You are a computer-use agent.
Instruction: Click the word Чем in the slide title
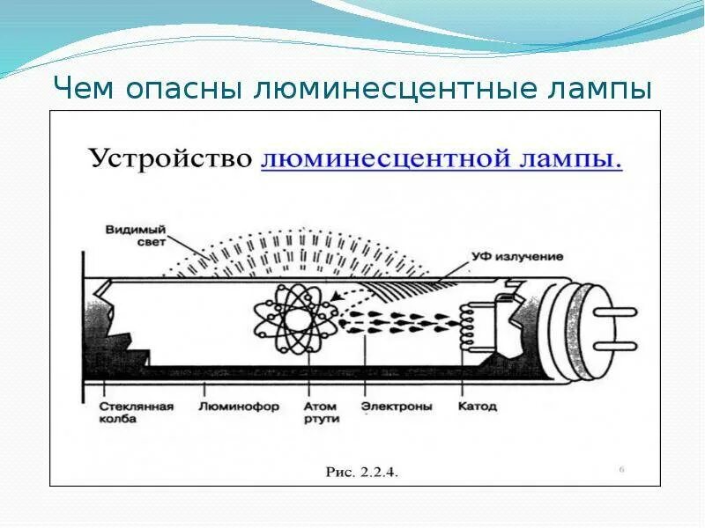pos(86,89)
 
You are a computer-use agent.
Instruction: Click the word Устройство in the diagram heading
pos(168,160)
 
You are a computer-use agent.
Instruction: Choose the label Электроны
pos(397,407)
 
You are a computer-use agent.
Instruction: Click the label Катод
pos(478,407)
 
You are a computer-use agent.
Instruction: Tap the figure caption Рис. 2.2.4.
pos(362,473)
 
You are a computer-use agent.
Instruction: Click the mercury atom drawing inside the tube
pos(293,312)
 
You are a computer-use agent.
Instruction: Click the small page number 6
pos(621,469)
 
